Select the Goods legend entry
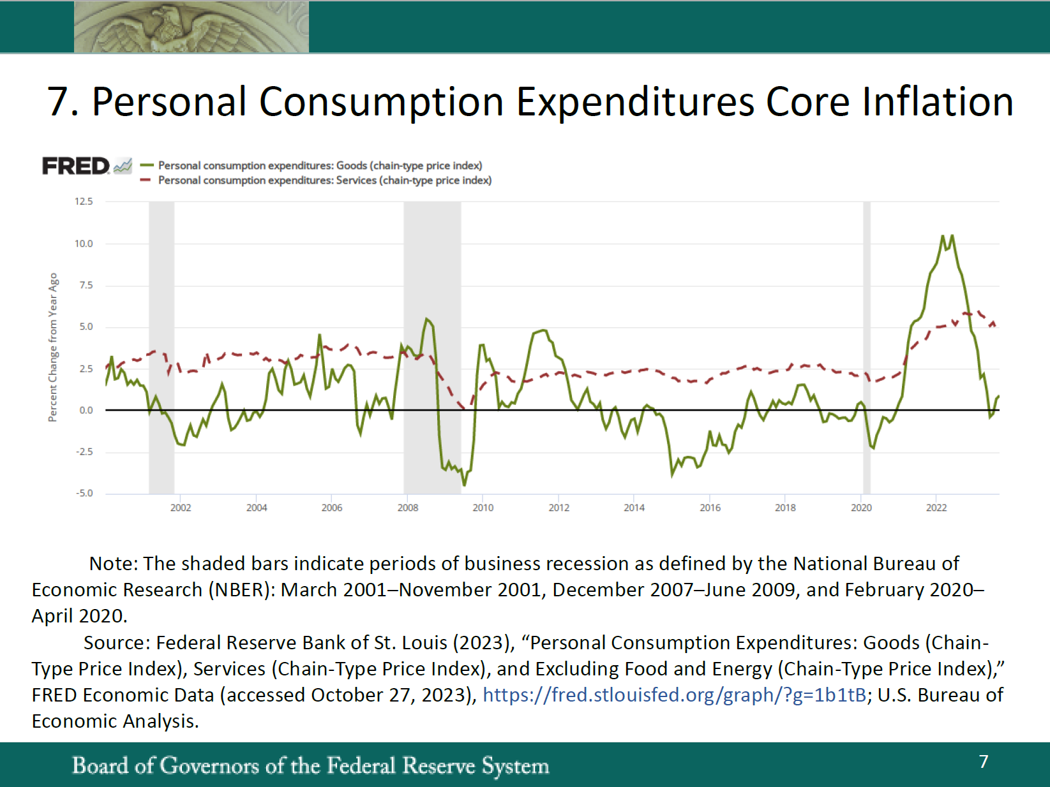tap(319, 166)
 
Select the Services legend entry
tap(324, 180)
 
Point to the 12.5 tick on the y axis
tap(84, 202)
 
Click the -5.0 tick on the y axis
tap(84, 493)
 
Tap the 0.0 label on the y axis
tap(86, 410)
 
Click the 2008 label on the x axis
tap(408, 508)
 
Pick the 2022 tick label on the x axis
tap(936, 508)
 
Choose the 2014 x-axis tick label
tap(634, 508)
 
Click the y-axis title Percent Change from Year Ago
tap(53, 347)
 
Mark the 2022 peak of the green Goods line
tap(952, 236)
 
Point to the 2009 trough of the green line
tap(464, 485)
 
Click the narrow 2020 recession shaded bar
tap(867, 347)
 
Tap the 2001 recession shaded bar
tap(161, 347)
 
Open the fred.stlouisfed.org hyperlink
tap(674, 695)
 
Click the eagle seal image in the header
tap(191, 27)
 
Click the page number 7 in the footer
tap(984, 761)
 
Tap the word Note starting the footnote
tap(113, 564)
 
